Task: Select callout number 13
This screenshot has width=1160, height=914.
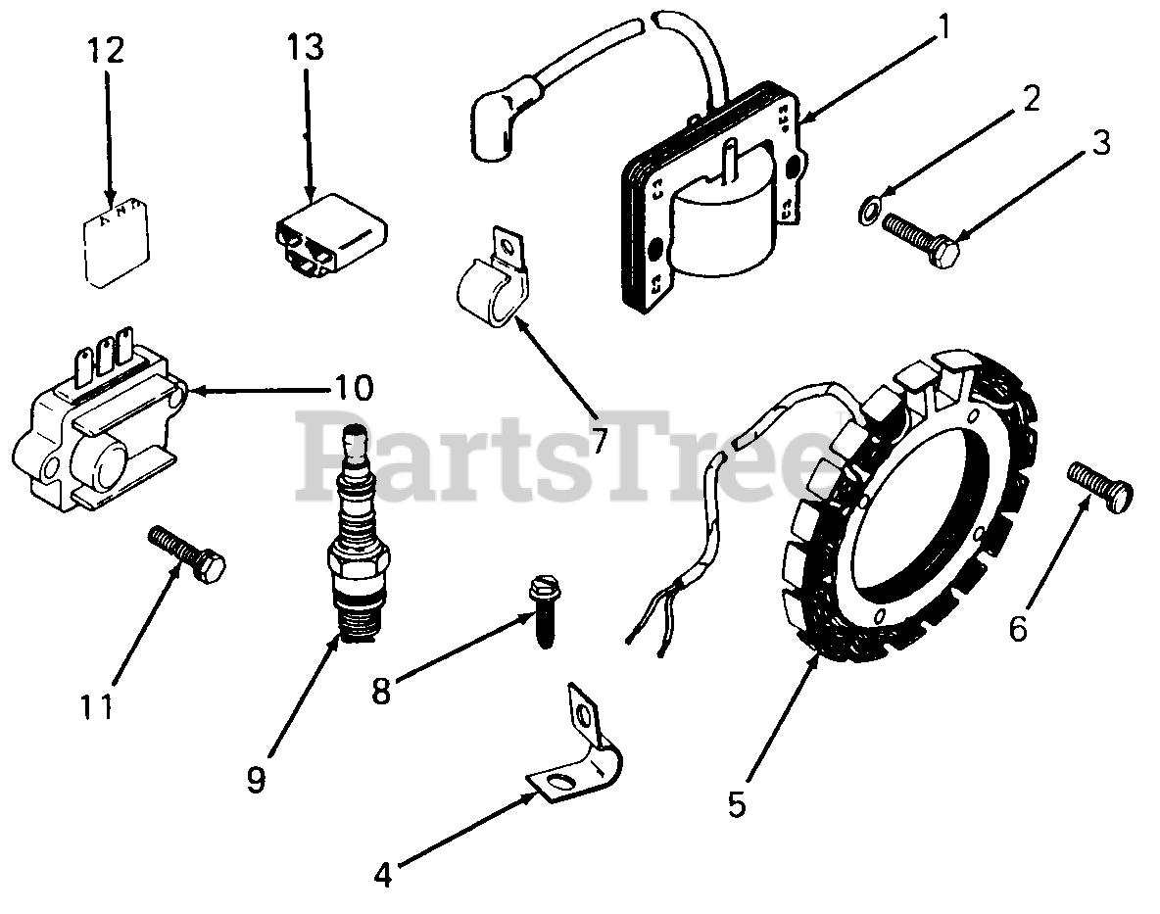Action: pos(306,46)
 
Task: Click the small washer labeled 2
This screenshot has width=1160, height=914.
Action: pos(868,212)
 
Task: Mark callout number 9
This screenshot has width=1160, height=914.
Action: pos(256,781)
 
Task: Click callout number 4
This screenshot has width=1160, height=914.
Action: pos(383,873)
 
